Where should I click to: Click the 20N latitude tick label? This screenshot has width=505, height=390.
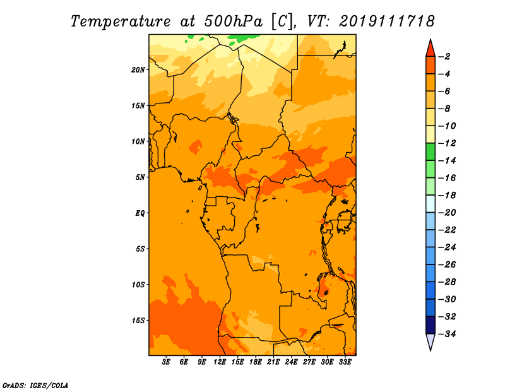[138, 70]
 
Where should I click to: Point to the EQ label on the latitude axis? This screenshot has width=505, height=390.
[140, 213]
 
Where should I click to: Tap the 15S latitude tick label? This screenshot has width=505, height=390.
[138, 321]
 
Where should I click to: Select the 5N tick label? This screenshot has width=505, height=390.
[140, 177]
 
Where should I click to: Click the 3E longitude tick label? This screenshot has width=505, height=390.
[166, 362]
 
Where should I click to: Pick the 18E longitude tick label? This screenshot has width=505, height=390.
[256, 362]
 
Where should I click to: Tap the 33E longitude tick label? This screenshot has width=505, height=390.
[345, 362]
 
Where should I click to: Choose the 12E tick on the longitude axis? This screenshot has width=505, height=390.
[220, 362]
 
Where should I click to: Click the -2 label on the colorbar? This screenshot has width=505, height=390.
[444, 57]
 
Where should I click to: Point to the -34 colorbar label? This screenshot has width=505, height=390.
[447, 334]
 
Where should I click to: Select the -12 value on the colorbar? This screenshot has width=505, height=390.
[447, 143]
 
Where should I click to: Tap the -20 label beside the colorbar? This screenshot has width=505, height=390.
[447, 213]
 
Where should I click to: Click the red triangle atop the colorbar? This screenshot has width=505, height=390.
[431, 49]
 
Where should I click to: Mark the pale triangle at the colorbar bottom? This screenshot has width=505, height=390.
[431, 341]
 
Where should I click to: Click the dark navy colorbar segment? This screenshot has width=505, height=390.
[431, 325]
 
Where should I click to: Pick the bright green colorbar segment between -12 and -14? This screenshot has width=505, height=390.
[431, 152]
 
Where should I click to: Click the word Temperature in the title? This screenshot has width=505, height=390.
[121, 21]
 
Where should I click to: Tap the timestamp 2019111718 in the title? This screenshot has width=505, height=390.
[387, 21]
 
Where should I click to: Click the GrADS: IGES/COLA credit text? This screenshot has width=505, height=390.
[35, 386]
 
